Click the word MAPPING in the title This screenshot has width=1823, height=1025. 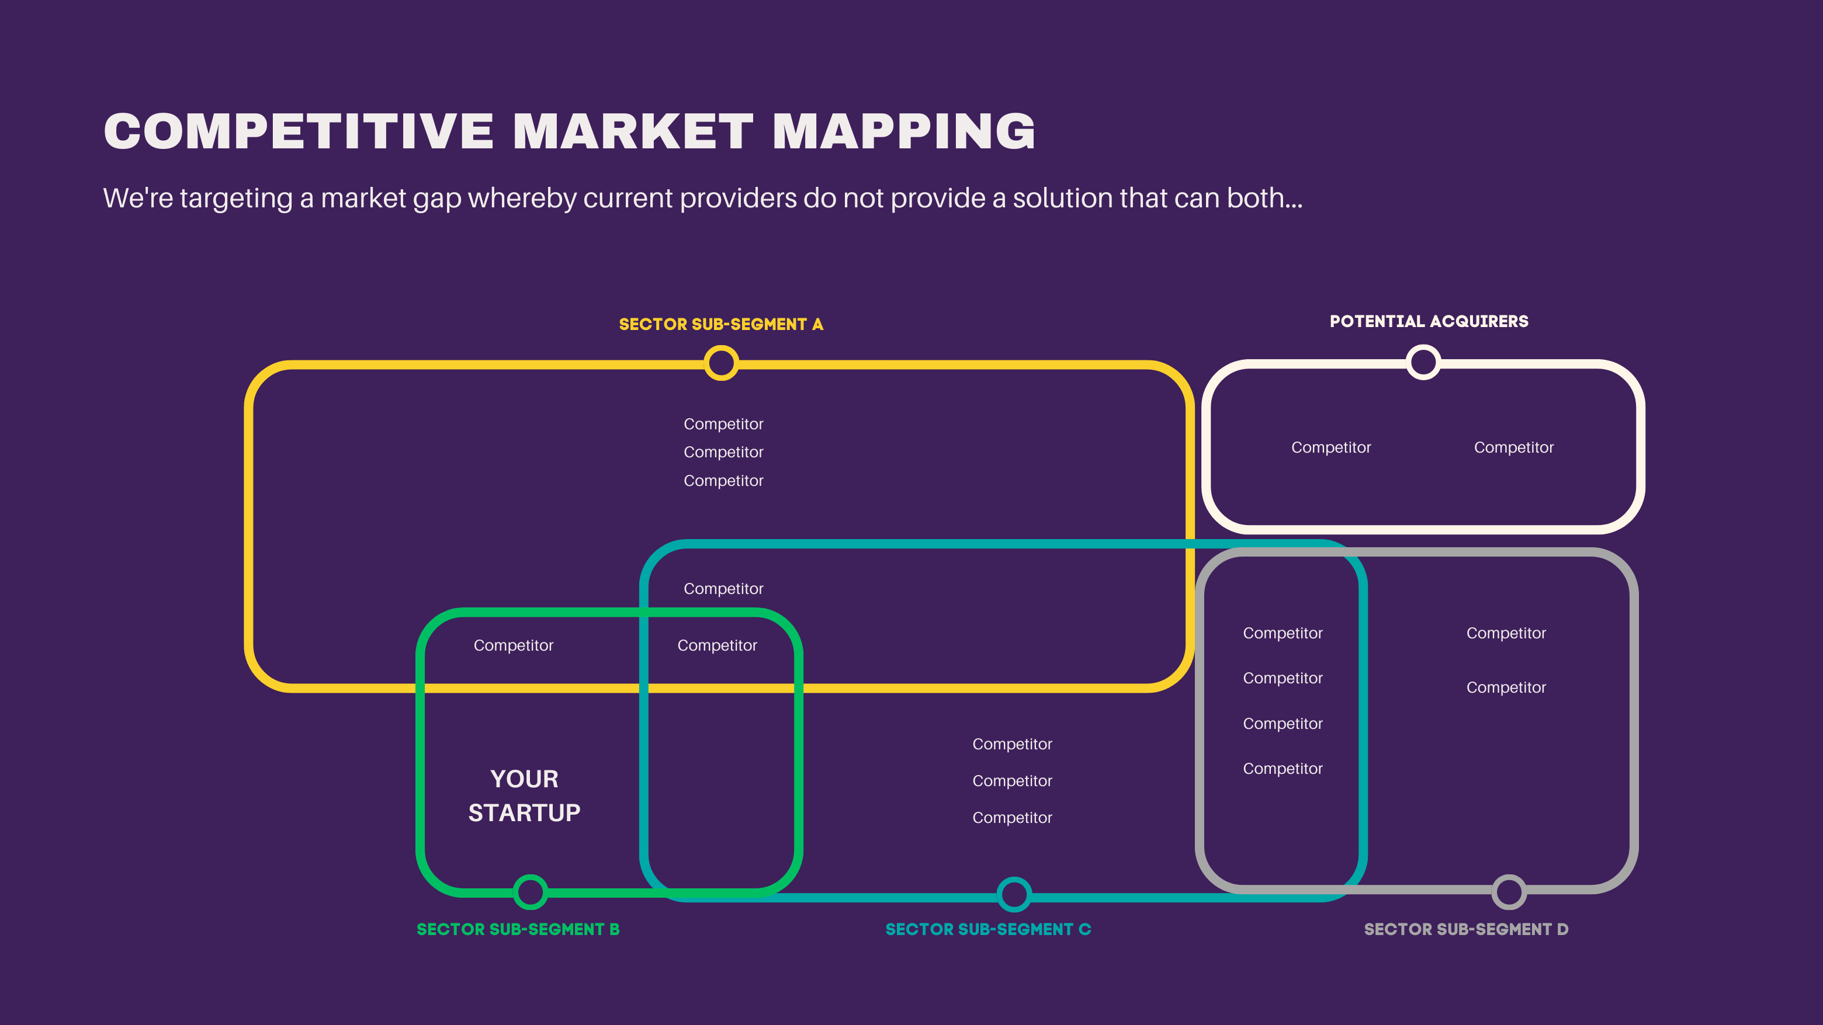click(x=904, y=131)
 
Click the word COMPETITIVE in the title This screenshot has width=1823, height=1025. click(x=298, y=131)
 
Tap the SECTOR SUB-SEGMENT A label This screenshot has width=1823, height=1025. click(x=720, y=324)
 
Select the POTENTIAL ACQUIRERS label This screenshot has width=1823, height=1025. click(x=1428, y=321)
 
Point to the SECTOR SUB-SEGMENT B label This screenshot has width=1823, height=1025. click(x=517, y=929)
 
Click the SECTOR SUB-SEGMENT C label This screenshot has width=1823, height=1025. click(x=988, y=929)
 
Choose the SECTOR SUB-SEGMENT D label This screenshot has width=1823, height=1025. click(x=1465, y=929)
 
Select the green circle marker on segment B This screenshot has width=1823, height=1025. click(x=530, y=891)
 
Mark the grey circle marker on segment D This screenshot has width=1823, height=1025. click(x=1508, y=892)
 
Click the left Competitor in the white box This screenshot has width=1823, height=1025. click(x=1330, y=447)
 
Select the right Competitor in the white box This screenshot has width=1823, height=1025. click(x=1513, y=447)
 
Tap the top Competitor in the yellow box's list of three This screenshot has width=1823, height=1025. click(x=723, y=423)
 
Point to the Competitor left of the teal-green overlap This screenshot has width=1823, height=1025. click(x=513, y=645)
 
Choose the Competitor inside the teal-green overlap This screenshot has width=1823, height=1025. click(x=717, y=645)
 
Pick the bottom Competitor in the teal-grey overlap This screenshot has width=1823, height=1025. click(x=1283, y=768)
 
